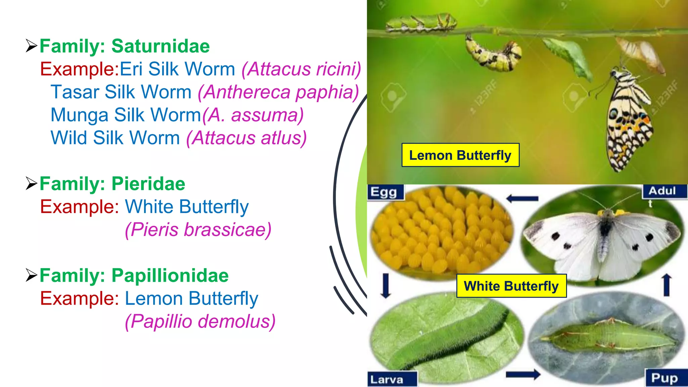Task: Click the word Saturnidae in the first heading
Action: (x=160, y=46)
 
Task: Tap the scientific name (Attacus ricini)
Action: (x=301, y=69)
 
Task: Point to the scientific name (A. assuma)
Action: (x=253, y=115)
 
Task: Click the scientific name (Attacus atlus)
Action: (x=247, y=138)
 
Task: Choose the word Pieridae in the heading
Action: (x=148, y=184)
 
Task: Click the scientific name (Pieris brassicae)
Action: (x=198, y=230)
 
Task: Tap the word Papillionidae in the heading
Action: (x=170, y=275)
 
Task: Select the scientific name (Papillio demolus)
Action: (x=200, y=321)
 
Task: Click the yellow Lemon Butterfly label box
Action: (x=460, y=155)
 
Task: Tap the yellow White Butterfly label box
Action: (x=511, y=286)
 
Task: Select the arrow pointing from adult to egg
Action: (x=522, y=199)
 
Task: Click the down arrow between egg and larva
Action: (x=386, y=286)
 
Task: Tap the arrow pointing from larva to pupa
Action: (x=523, y=374)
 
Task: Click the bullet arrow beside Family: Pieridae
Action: (x=31, y=183)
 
